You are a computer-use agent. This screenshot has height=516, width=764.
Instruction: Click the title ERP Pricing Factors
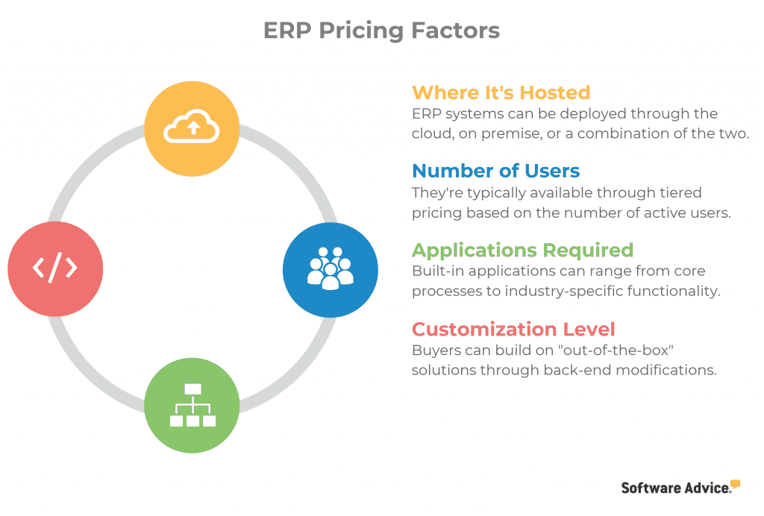381,30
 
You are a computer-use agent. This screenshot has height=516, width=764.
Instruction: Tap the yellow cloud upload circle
192,128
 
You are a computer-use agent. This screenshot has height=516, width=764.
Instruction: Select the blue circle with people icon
331,270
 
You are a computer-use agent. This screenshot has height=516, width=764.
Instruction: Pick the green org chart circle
192,406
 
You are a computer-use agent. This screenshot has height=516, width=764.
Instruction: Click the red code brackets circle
55,268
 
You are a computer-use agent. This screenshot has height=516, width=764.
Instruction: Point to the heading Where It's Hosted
501,92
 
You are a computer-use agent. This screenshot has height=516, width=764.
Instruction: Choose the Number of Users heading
496,171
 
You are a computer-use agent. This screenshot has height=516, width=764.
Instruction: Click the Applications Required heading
522,251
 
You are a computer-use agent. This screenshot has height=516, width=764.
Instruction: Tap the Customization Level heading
513,329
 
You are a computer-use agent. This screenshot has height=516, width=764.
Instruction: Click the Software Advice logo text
676,488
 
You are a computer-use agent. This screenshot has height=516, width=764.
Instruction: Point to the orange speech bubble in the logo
735,484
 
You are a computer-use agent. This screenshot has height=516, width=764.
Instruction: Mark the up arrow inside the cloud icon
194,128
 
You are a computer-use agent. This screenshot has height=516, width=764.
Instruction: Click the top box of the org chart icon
193,389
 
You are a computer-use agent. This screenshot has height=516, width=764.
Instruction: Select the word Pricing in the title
361,30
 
